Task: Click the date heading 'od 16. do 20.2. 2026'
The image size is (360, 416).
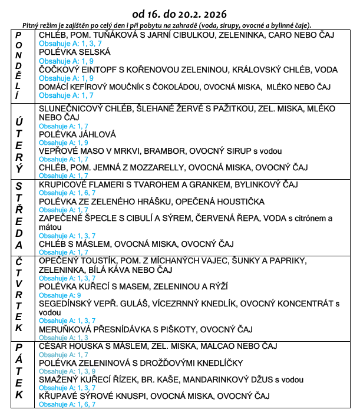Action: click(x=180, y=12)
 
